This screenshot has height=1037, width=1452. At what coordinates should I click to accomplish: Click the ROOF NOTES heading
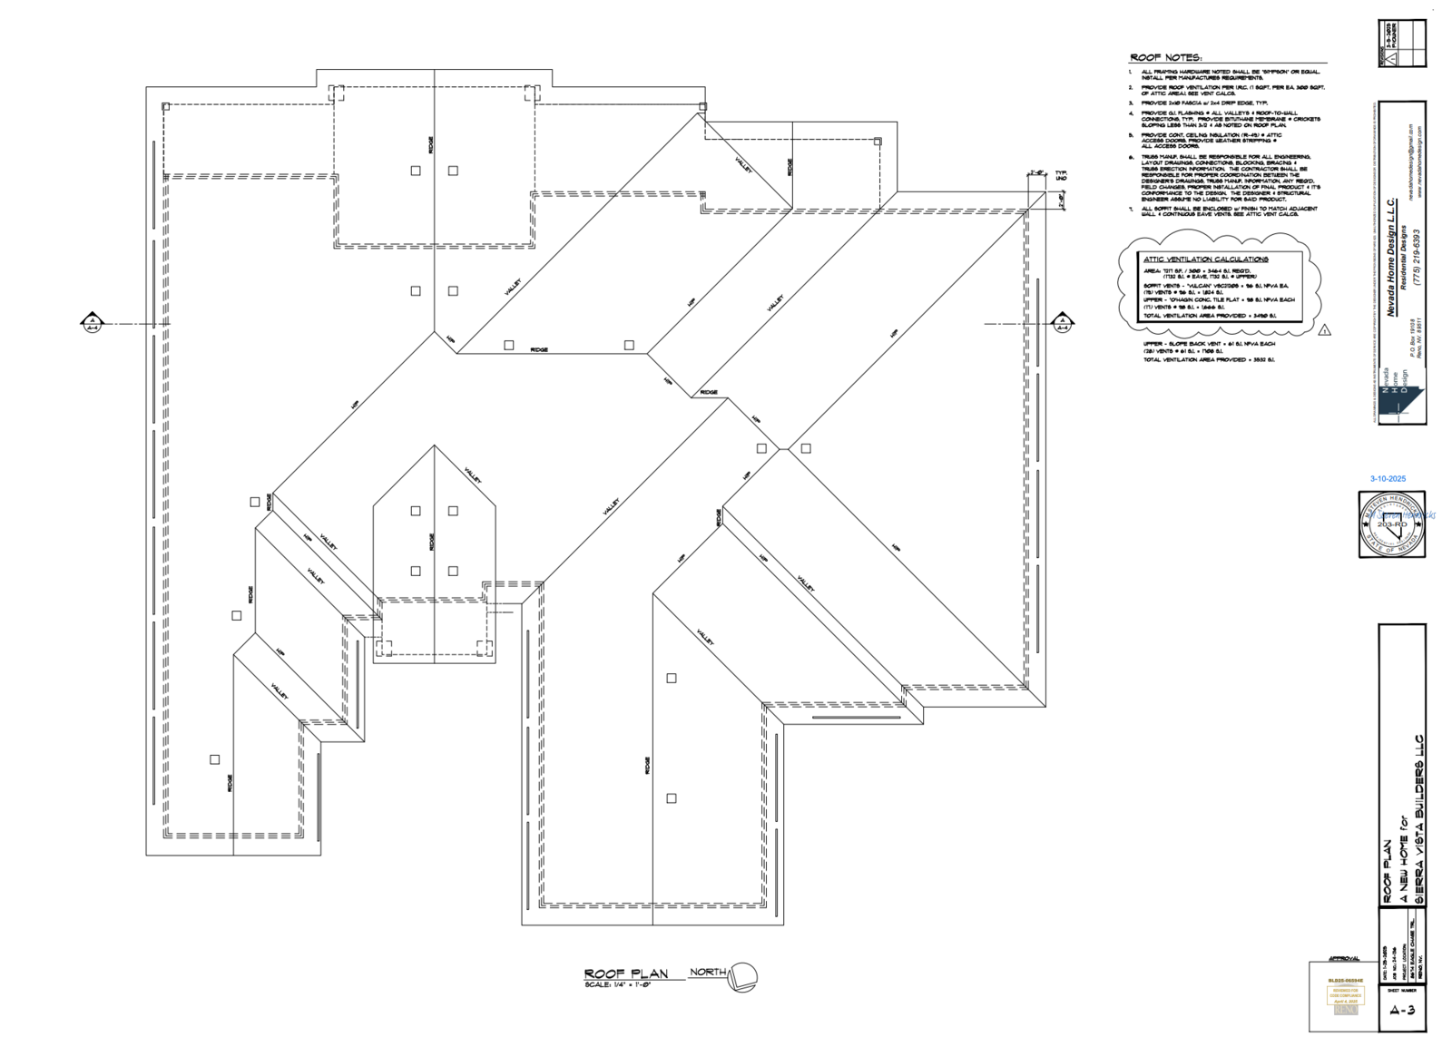(x=1165, y=58)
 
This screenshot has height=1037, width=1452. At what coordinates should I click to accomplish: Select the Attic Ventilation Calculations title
(x=1205, y=259)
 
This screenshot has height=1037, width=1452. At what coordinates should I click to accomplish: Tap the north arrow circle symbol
(x=742, y=976)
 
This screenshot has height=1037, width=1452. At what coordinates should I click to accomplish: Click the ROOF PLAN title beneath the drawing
(x=625, y=973)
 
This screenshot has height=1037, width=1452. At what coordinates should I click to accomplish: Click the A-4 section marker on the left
(x=92, y=322)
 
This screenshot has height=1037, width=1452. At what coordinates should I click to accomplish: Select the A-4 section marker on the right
(x=1062, y=322)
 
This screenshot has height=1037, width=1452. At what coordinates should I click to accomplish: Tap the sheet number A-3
(x=1402, y=1010)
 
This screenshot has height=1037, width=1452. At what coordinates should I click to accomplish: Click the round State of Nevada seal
(x=1390, y=524)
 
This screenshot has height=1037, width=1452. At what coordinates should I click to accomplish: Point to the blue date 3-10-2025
(x=1388, y=479)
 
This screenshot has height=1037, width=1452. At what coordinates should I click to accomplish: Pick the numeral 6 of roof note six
(x=1132, y=158)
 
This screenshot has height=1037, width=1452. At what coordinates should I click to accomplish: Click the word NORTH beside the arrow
(x=708, y=973)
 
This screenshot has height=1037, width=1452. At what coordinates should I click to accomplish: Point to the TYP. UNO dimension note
(x=1061, y=175)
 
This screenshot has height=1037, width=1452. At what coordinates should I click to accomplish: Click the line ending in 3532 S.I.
(x=1208, y=360)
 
